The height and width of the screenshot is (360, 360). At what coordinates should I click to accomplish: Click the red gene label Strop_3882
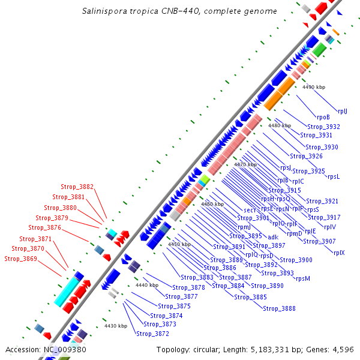(x=77, y=187)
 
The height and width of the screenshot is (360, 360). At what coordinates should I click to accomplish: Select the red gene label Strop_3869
(x=20, y=259)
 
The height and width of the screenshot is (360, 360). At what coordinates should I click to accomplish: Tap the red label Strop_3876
(x=44, y=228)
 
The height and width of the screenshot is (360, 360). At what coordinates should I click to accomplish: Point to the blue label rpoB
(x=323, y=117)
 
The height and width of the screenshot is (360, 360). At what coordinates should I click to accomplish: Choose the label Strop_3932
(x=323, y=127)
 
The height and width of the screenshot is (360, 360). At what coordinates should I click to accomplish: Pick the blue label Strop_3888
(x=279, y=308)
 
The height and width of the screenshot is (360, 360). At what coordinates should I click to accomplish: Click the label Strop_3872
(x=152, y=334)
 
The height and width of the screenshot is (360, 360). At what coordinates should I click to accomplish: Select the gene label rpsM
(x=303, y=278)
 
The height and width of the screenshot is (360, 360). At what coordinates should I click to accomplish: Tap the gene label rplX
(x=339, y=253)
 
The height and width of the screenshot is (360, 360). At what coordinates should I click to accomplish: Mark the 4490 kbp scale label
(x=313, y=87)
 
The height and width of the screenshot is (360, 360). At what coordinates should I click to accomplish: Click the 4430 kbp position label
(x=116, y=326)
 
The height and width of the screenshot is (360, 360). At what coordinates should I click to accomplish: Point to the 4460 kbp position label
(x=212, y=204)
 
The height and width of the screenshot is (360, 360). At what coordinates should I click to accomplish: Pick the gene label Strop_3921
(x=322, y=201)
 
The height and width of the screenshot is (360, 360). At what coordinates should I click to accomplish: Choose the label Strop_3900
(x=296, y=260)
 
